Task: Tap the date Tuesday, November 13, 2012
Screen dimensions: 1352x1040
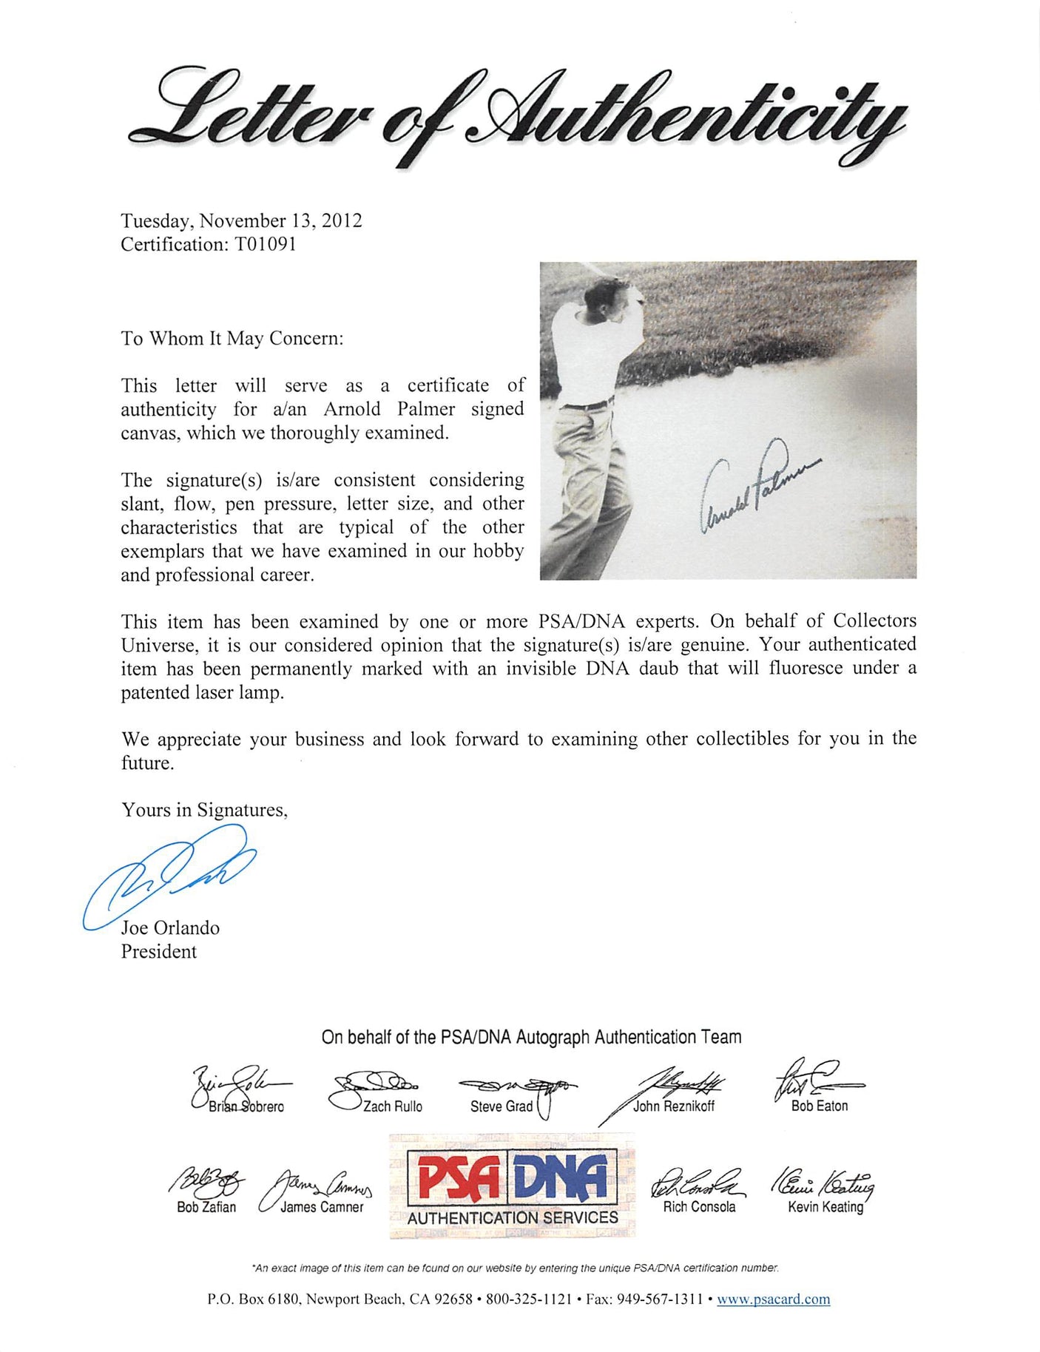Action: pyautogui.click(x=241, y=220)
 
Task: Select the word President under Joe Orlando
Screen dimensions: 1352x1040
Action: pyautogui.click(x=159, y=952)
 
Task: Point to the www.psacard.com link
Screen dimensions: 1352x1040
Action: pyautogui.click(x=773, y=1299)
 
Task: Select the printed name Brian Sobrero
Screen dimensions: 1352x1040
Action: pyautogui.click(x=246, y=1107)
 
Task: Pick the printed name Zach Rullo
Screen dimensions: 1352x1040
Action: pyautogui.click(x=392, y=1107)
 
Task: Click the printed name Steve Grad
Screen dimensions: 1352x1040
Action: pyautogui.click(x=501, y=1107)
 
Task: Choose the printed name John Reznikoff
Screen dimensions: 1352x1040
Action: pyautogui.click(x=673, y=1107)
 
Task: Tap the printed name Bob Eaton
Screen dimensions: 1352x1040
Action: pyautogui.click(x=820, y=1106)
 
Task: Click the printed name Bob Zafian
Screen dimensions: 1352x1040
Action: pyautogui.click(x=206, y=1207)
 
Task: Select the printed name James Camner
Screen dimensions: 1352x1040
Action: pyautogui.click(x=322, y=1207)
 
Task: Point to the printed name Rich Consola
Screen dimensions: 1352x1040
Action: pyautogui.click(x=699, y=1207)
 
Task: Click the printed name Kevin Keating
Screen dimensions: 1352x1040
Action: pyautogui.click(x=825, y=1207)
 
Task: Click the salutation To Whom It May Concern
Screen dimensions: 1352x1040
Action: pyautogui.click(x=232, y=339)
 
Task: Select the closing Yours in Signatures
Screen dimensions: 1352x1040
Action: pyautogui.click(x=204, y=811)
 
